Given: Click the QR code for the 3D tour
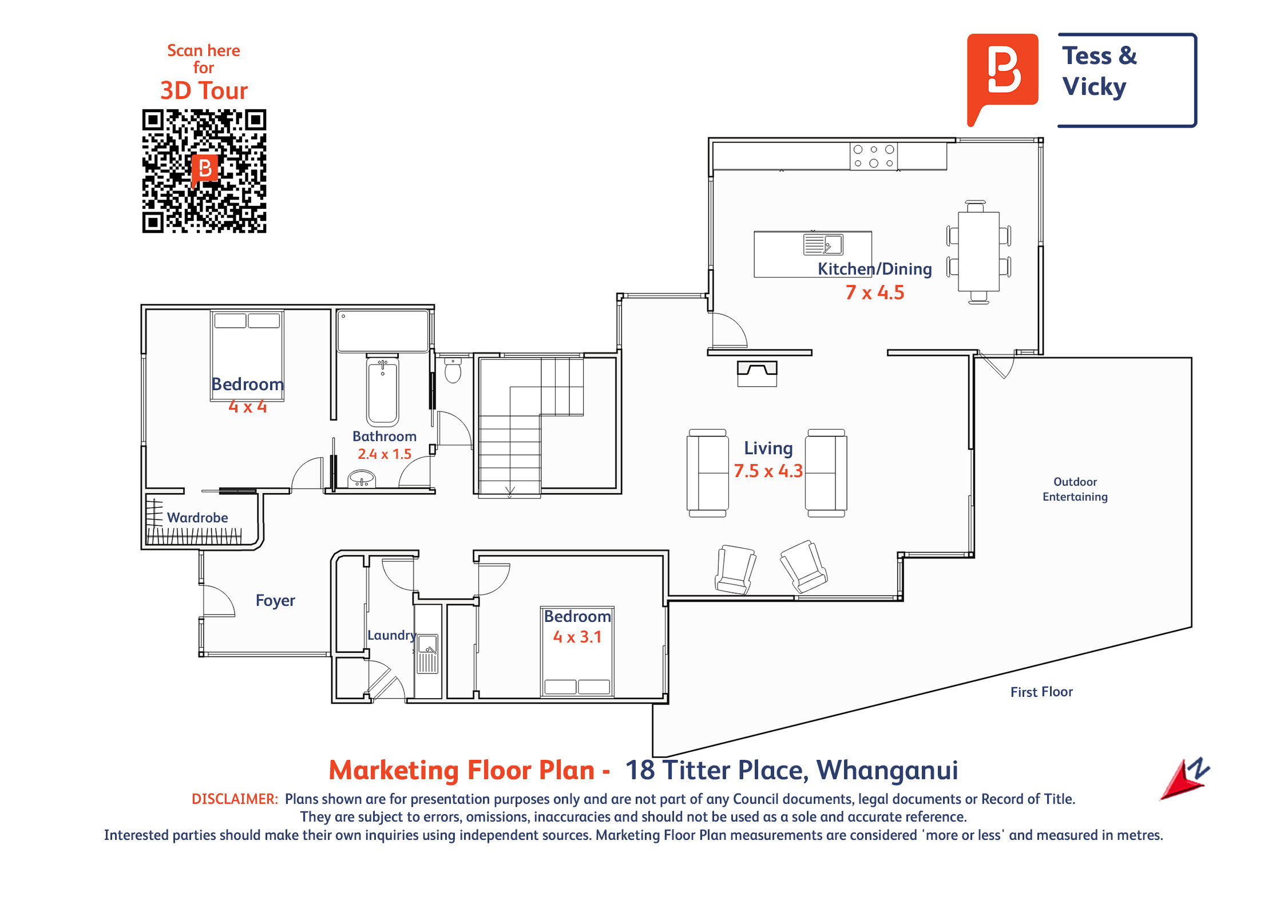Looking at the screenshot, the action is [x=204, y=171].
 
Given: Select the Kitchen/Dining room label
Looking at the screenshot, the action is [x=874, y=268].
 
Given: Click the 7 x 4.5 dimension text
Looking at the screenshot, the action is [x=875, y=292].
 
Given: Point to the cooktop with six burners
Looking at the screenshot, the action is [x=874, y=156].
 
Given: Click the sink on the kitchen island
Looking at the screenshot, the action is [x=823, y=244].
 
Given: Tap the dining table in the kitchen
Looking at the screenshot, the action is [x=979, y=252].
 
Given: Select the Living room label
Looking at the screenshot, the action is [x=768, y=448].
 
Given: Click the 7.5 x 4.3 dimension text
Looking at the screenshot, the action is [x=768, y=471].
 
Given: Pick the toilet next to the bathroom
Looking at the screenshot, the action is [x=453, y=370].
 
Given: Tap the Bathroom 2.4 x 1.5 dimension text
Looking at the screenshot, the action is [x=385, y=454].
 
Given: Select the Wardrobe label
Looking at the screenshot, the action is [x=197, y=518].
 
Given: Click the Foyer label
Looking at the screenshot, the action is [x=275, y=600].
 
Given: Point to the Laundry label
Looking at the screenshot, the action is [x=392, y=635].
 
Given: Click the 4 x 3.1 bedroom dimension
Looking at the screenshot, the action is [x=577, y=637].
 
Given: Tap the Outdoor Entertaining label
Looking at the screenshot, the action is [x=1075, y=489].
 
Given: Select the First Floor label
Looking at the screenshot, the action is [x=1041, y=692].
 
